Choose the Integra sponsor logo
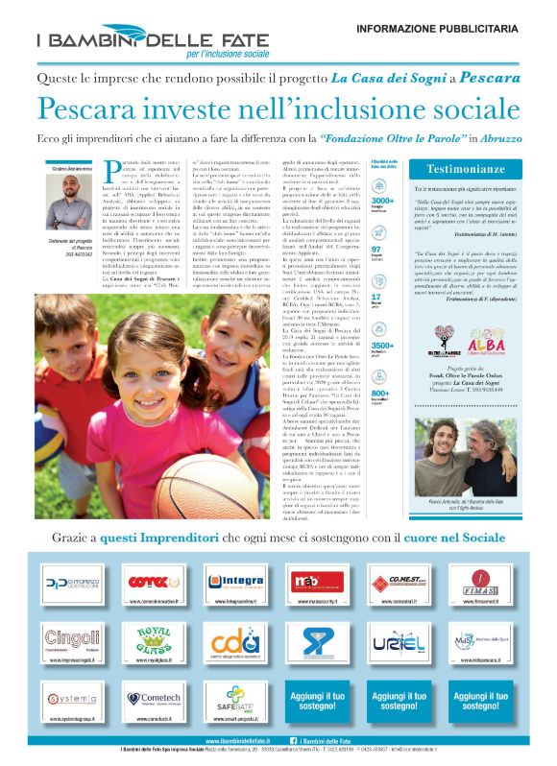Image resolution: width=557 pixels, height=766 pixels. tap(235, 582)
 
